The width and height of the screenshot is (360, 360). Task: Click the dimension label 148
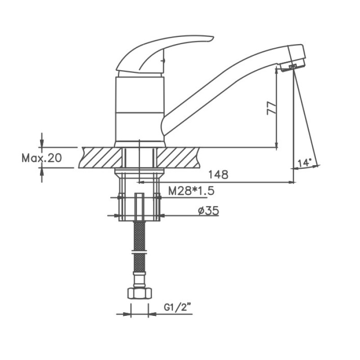218,175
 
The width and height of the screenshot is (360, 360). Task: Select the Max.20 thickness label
41,158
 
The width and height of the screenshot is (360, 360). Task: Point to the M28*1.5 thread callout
191,190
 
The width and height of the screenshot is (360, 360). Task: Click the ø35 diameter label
208,210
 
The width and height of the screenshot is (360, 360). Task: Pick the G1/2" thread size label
178,307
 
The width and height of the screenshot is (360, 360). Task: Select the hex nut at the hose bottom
139,293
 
